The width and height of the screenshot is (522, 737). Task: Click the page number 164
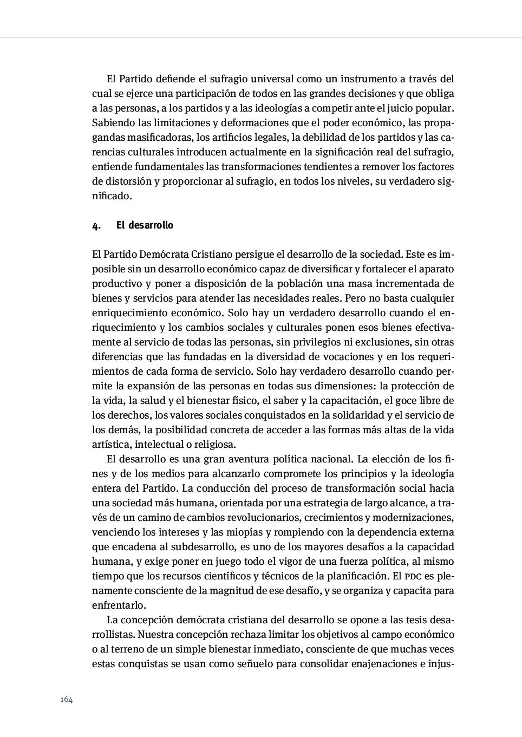[66, 700]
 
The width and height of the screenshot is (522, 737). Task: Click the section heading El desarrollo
[145, 225]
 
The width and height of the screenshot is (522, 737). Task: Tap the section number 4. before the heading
[96, 226]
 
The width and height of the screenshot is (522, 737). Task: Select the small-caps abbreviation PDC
[412, 576]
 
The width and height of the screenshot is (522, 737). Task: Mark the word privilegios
[311, 342]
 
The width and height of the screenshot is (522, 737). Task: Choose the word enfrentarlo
[118, 605]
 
